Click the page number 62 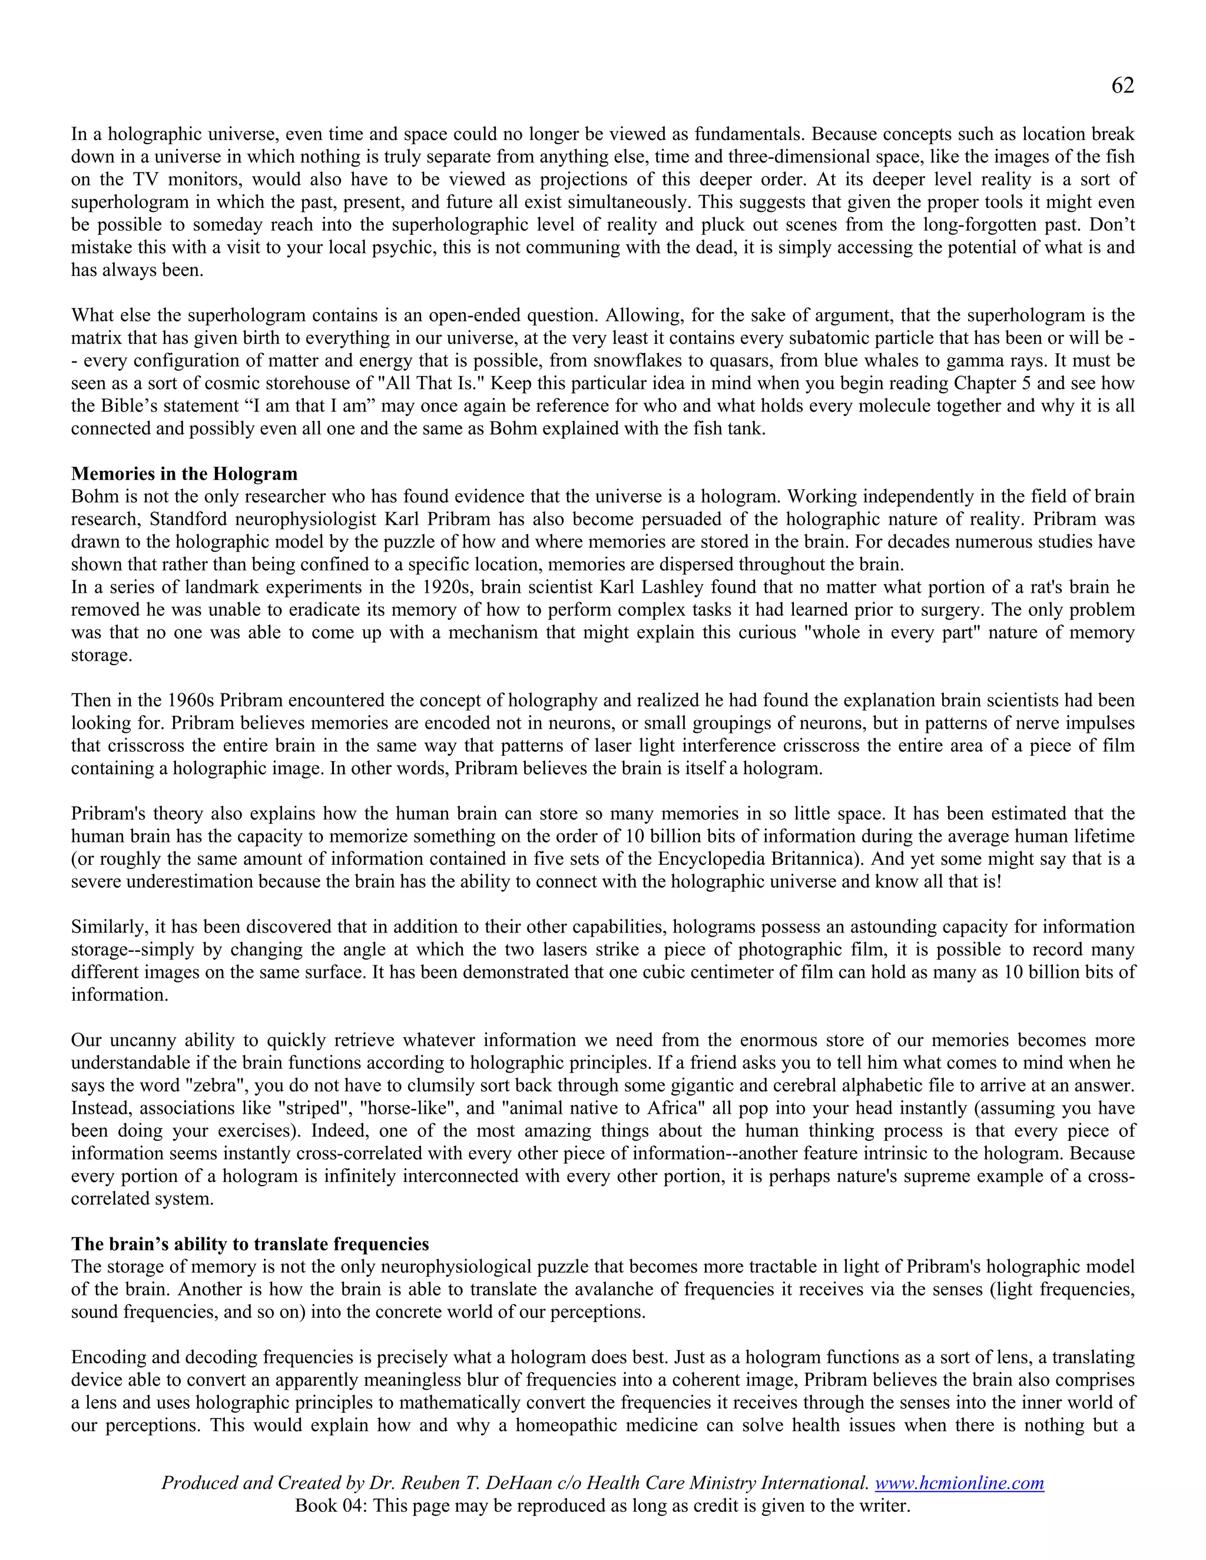[1122, 86]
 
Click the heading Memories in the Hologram [184, 473]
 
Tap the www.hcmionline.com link [959, 1482]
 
